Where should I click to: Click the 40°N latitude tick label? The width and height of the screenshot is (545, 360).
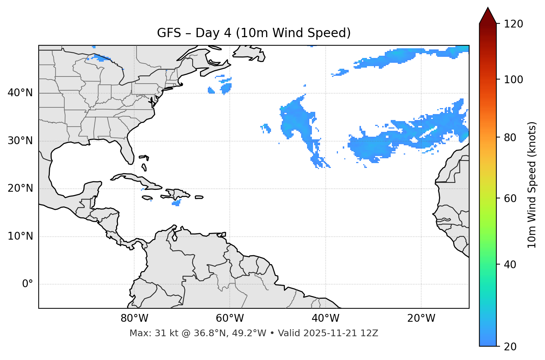tap(20, 93)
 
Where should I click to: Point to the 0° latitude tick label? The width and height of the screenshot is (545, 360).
tap(28, 284)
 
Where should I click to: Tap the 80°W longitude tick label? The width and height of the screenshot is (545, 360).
tap(134, 318)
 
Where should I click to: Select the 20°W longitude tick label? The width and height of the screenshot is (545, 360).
tap(421, 318)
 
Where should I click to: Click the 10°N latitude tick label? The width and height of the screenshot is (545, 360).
tap(20, 236)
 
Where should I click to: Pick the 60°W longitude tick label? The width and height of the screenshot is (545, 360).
tap(230, 318)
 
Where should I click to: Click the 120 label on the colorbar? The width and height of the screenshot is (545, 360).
tap(513, 24)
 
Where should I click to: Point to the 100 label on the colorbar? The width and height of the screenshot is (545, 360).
tap(513, 80)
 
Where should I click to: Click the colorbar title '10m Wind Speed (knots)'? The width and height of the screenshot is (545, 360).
tap(532, 185)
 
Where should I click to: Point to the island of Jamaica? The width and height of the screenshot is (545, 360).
tap(147, 198)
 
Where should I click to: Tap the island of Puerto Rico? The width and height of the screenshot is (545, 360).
tap(199, 197)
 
